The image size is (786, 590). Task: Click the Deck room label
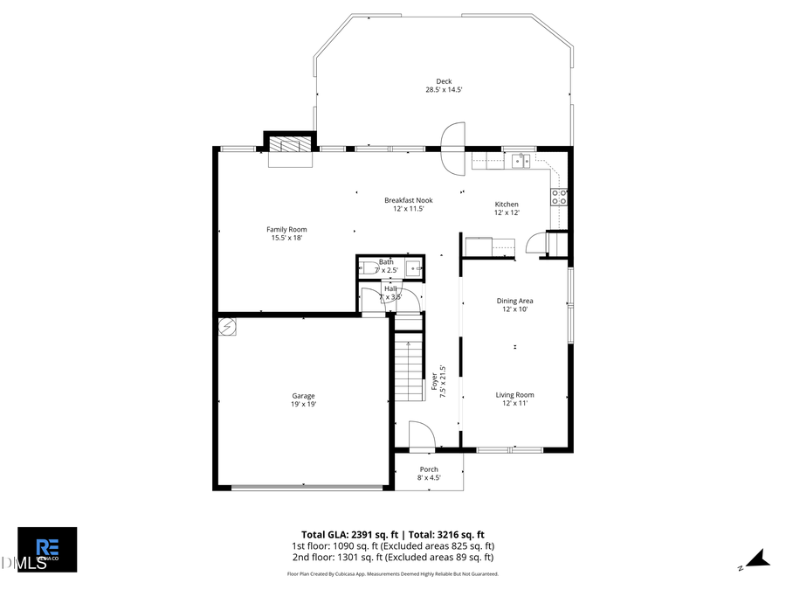[444, 86]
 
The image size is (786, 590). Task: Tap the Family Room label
[286, 233]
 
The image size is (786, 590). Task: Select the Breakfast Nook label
[408, 204]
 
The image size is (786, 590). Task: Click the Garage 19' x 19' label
[303, 399]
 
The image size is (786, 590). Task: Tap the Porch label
[429, 473]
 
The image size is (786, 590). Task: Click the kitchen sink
[521, 160]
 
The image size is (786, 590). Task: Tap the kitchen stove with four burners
[558, 198]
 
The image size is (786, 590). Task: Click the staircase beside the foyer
[408, 371]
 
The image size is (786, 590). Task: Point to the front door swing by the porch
[420, 434]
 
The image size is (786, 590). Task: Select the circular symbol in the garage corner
[227, 327]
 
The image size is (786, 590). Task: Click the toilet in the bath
[368, 267]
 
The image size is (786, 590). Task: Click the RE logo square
[47, 549]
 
